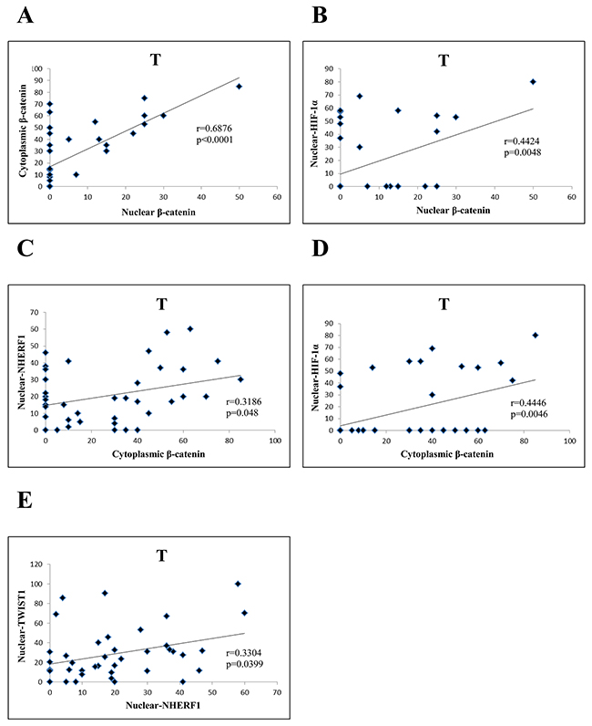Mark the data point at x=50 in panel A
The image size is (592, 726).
239,87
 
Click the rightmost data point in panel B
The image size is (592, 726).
533,81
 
